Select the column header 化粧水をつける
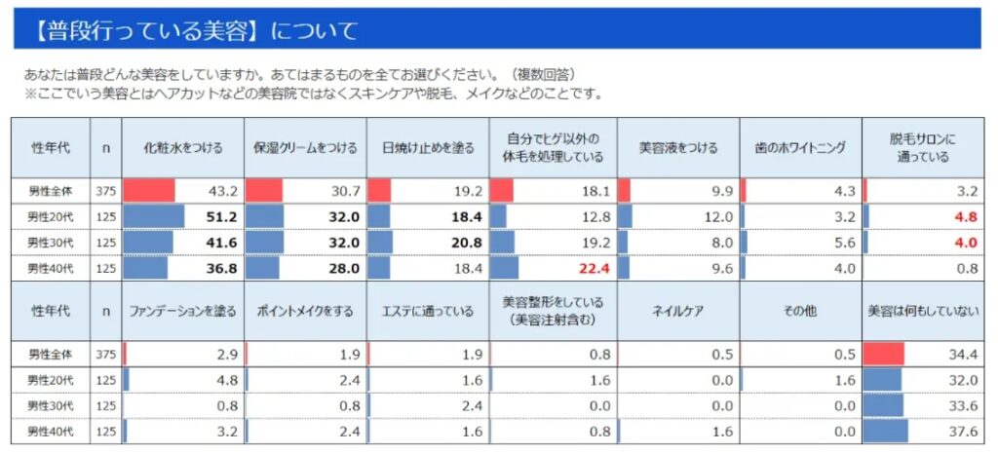183,148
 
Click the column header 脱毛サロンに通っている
921,148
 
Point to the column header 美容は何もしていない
921,311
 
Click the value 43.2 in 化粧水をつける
219,191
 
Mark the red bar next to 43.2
148,191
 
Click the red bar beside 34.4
884,354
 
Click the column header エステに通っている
428,311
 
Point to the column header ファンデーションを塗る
183,311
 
